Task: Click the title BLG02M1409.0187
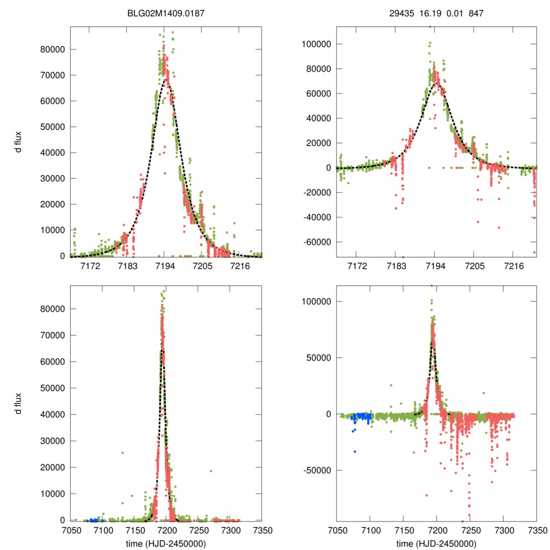[x=165, y=13]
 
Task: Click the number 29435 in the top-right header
[x=401, y=13]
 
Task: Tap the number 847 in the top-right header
[x=476, y=13]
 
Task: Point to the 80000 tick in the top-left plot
[x=54, y=49]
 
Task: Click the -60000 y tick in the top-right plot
[x=317, y=242]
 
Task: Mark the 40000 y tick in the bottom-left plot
[x=54, y=415]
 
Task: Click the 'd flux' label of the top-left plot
[x=19, y=142]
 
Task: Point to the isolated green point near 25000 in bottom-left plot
[x=122, y=453]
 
